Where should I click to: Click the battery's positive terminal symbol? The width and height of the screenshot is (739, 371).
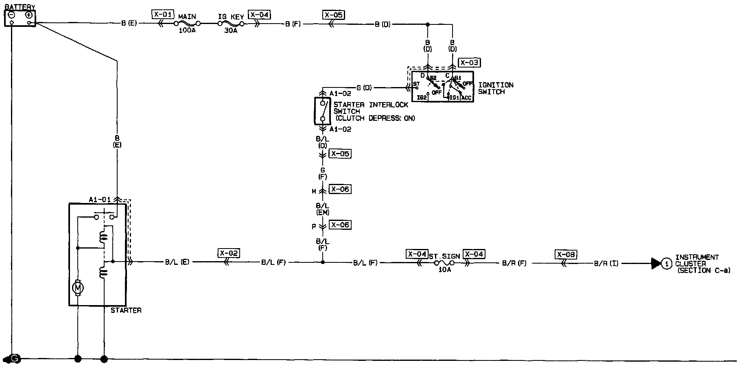click(28, 15)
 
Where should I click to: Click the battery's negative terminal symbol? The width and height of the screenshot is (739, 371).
click(12, 15)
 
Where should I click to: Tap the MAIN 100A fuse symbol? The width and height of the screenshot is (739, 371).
click(187, 24)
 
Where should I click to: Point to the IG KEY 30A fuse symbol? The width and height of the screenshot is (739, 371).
click(231, 24)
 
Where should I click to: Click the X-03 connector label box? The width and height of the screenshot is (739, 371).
click(469, 63)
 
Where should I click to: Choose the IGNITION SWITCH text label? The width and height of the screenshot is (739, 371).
click(496, 88)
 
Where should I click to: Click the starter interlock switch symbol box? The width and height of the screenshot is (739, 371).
click(323, 111)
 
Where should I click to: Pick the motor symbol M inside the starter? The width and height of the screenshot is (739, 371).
click(78, 288)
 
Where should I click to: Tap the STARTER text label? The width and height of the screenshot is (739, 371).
click(126, 310)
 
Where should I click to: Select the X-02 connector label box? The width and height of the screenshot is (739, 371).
click(229, 253)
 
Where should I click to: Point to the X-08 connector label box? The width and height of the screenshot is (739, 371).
click(566, 255)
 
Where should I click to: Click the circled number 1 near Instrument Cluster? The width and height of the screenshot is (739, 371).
click(666, 264)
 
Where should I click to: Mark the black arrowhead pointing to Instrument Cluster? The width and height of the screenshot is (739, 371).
click(656, 264)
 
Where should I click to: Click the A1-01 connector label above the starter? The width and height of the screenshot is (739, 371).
click(100, 199)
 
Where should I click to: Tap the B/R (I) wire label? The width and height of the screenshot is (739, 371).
click(606, 263)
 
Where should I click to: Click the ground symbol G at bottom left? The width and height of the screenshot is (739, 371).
click(15, 358)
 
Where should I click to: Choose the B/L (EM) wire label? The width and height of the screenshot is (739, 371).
click(323, 209)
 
